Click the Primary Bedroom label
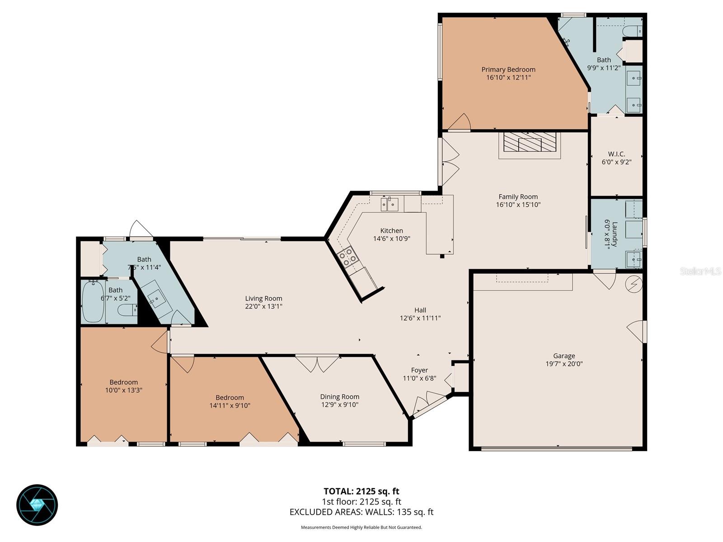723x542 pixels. pyautogui.click(x=508, y=70)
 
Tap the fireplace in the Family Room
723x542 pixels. pyautogui.click(x=530, y=142)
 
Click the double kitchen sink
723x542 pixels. pyautogui.click(x=390, y=204)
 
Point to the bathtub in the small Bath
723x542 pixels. pyautogui.click(x=94, y=302)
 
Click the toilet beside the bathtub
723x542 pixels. pyautogui.click(x=127, y=310)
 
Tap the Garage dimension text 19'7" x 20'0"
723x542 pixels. pyautogui.click(x=564, y=364)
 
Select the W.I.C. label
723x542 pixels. pyautogui.click(x=616, y=154)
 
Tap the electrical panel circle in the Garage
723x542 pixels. pyautogui.click(x=633, y=284)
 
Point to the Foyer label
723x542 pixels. pyautogui.click(x=419, y=370)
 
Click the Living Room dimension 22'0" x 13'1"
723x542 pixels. pyautogui.click(x=263, y=306)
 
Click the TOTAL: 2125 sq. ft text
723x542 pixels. pyautogui.click(x=361, y=491)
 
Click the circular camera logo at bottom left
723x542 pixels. pyautogui.click(x=37, y=505)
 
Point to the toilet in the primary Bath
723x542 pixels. pyautogui.click(x=633, y=31)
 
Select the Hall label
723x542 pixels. pyautogui.click(x=420, y=310)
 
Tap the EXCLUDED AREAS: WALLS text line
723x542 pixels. pyautogui.click(x=361, y=512)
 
